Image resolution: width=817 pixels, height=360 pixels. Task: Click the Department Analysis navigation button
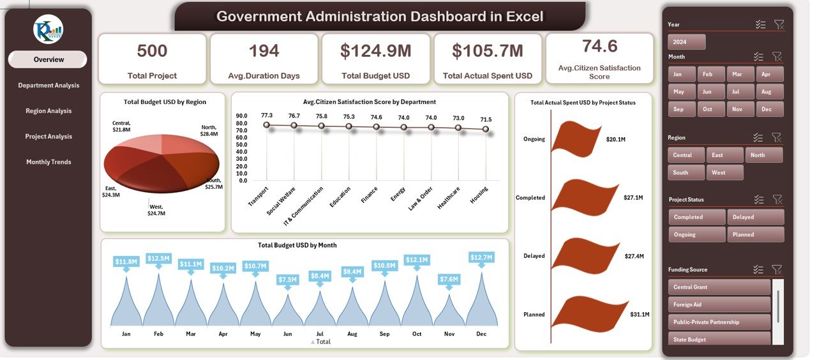coord(49,86)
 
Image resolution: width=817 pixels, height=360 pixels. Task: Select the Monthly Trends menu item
coord(49,162)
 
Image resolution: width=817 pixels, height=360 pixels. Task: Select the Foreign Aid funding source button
coord(719,304)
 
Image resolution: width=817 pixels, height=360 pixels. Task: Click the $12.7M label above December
coord(481,258)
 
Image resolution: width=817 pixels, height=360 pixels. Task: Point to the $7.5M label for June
coord(287,280)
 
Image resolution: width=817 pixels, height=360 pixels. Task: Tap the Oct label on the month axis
coord(417,334)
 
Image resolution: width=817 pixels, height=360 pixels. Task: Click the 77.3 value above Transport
coord(267,116)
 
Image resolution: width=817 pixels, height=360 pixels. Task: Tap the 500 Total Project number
coord(152,51)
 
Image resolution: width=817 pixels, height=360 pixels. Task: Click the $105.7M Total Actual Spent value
coord(488,51)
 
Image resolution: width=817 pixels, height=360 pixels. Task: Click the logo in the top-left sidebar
coord(49,29)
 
